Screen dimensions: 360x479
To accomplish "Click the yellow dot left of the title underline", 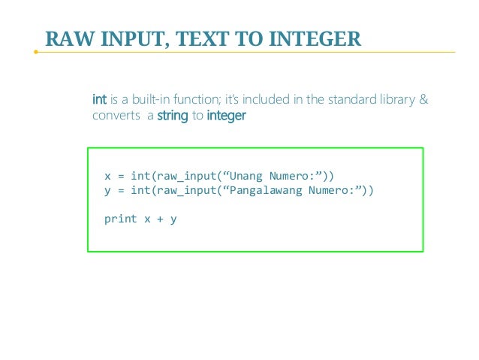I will point(35,52).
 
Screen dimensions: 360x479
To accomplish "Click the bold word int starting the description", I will point(98,100).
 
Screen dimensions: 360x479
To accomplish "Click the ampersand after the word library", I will point(423,100).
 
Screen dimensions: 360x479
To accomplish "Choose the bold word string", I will point(172,116).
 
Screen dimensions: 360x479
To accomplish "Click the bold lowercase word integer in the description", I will point(226,116).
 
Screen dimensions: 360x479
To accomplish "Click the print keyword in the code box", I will point(120,219).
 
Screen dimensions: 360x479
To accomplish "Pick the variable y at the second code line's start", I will point(107,191).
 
